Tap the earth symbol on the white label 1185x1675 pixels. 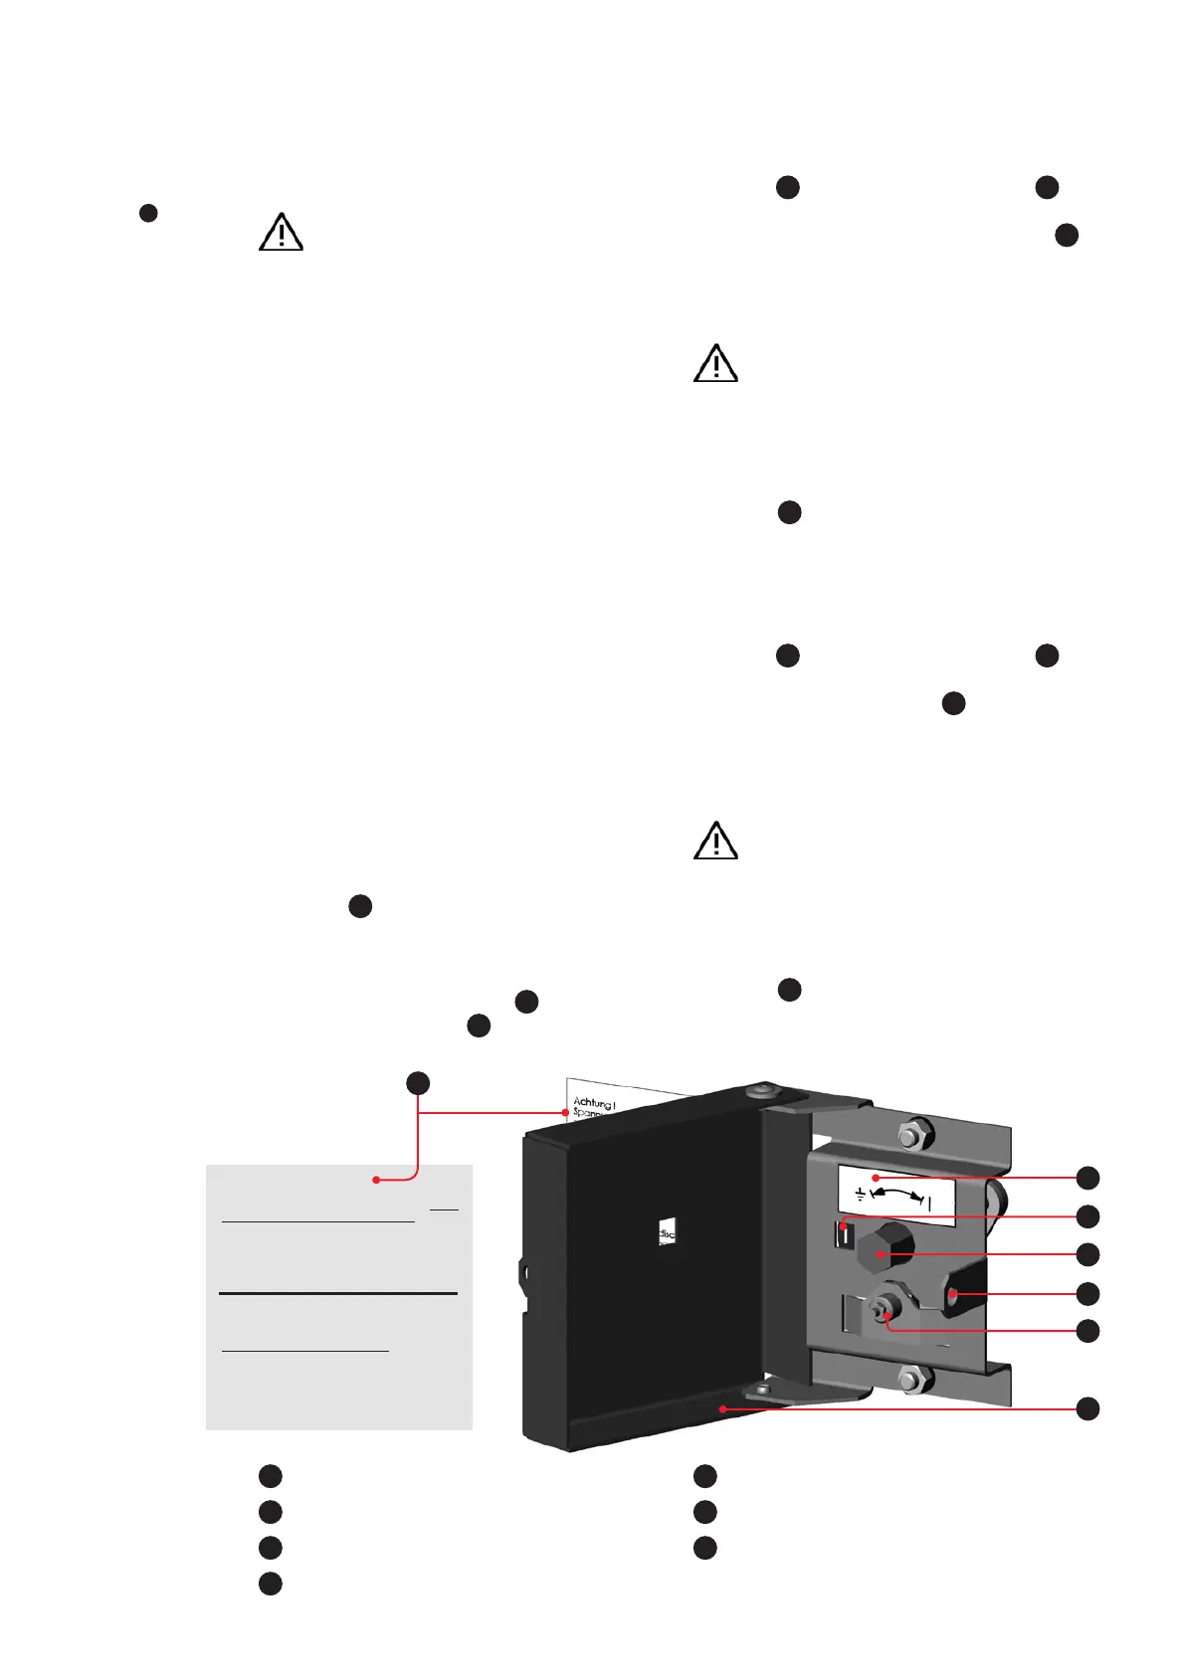pyautogui.click(x=860, y=1193)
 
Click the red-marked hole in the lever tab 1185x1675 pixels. pyautogui.click(x=953, y=1294)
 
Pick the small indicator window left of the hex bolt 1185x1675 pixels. pyautogui.click(x=844, y=1234)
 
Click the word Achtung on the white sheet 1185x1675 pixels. pyautogui.click(x=594, y=1102)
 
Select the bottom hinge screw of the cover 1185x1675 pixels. pyautogui.click(x=762, y=1389)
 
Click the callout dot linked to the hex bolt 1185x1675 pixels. pyautogui.click(x=1087, y=1253)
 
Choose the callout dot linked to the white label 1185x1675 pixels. pyautogui.click(x=1087, y=1178)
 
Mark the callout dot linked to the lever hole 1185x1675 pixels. pyautogui.click(x=1087, y=1293)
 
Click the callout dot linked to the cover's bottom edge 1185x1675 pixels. pyautogui.click(x=1087, y=1408)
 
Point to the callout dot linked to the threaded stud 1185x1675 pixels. pyautogui.click(x=1087, y=1331)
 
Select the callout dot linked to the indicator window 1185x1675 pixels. pyautogui.click(x=1087, y=1215)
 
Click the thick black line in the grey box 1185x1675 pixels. pyautogui.click(x=337, y=1294)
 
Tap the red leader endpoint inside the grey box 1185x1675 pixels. pyautogui.click(x=376, y=1180)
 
